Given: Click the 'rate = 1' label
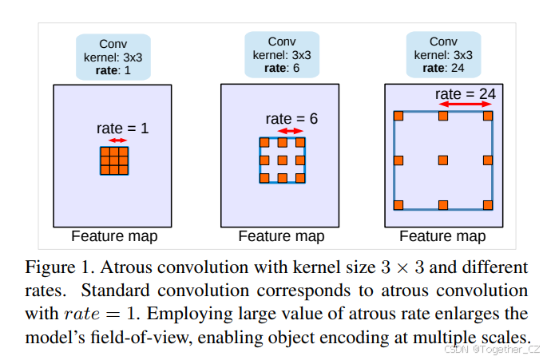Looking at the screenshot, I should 122,128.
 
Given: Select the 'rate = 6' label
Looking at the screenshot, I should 291,119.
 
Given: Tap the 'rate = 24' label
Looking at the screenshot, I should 466,94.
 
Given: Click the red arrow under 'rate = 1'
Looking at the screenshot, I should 117,140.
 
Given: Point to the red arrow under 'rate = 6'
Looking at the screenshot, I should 290,131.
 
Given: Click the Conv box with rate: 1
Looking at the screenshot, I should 113,57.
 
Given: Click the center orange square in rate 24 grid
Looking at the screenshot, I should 443,160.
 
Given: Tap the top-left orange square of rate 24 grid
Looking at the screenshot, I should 398,117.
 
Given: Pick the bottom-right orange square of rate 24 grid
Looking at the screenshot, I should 488,205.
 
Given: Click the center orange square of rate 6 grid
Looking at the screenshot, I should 283,160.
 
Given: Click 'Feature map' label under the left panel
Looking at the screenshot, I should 114,236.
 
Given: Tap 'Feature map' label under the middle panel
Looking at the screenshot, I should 281,236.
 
